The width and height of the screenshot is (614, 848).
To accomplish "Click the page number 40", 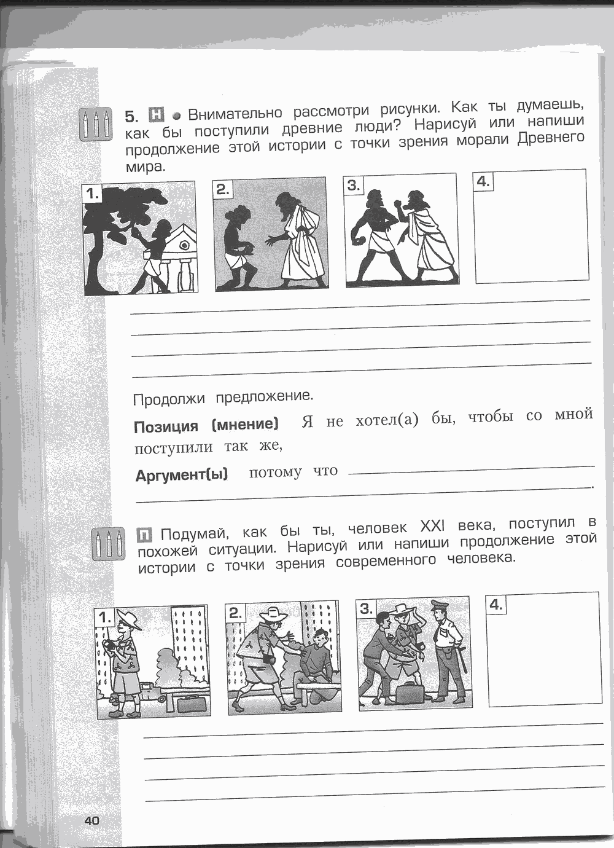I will [x=92, y=821].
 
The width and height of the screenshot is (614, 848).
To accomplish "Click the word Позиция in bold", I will [x=166, y=427].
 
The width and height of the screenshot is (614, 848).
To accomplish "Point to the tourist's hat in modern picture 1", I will [x=129, y=618].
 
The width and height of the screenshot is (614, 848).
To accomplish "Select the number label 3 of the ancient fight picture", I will [x=353, y=185].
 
